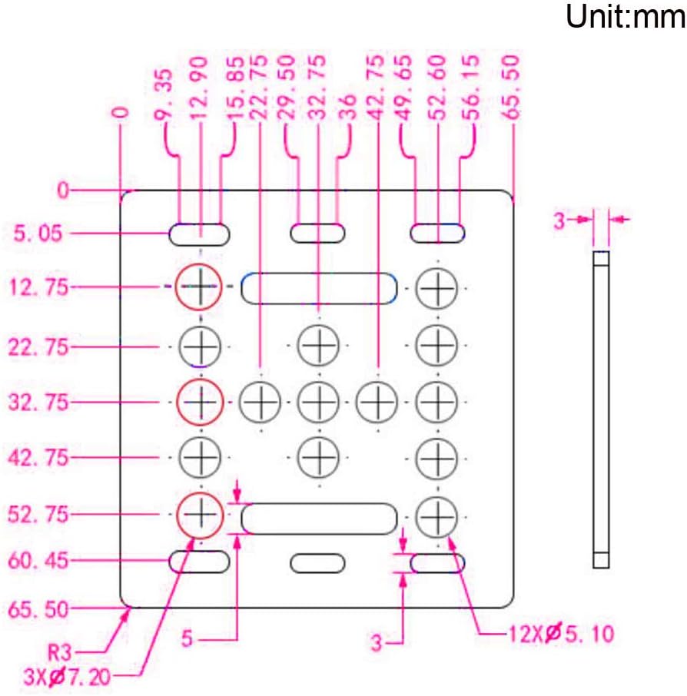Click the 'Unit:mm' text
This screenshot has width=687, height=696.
626,16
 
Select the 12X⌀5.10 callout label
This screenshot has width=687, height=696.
561,633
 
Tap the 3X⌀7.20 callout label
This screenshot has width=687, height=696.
67,677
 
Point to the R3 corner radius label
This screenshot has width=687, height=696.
59,652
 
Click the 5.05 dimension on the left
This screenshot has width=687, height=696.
38,234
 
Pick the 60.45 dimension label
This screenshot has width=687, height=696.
38,561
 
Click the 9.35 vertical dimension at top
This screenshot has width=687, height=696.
163,94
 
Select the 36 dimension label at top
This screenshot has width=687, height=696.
348,107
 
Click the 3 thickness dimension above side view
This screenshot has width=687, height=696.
559,220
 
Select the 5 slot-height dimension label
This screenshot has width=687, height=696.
187,638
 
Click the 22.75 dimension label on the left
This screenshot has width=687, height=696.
38,346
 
